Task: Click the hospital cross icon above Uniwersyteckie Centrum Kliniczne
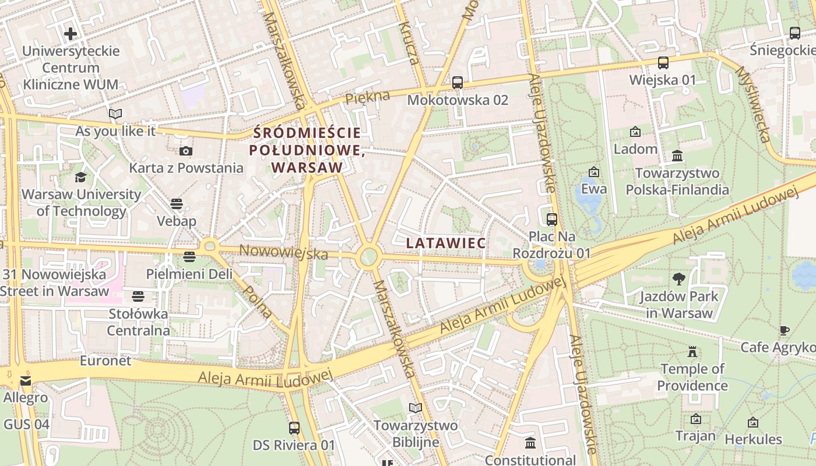(71, 34)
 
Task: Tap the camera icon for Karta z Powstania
(186, 151)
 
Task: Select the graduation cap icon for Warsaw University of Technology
(80, 177)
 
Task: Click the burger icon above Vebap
(177, 204)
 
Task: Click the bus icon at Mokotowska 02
(458, 83)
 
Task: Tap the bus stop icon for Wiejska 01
(663, 63)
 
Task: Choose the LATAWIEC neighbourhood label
(446, 243)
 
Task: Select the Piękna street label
(367, 98)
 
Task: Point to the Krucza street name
(409, 43)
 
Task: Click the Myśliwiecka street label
(752, 104)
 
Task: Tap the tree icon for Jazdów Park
(678, 278)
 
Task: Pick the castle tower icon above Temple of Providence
(692, 352)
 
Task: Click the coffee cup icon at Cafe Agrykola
(785, 330)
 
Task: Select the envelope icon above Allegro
(26, 381)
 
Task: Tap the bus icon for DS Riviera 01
(294, 428)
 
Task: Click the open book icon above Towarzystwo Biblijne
(415, 408)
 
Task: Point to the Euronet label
(105, 361)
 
